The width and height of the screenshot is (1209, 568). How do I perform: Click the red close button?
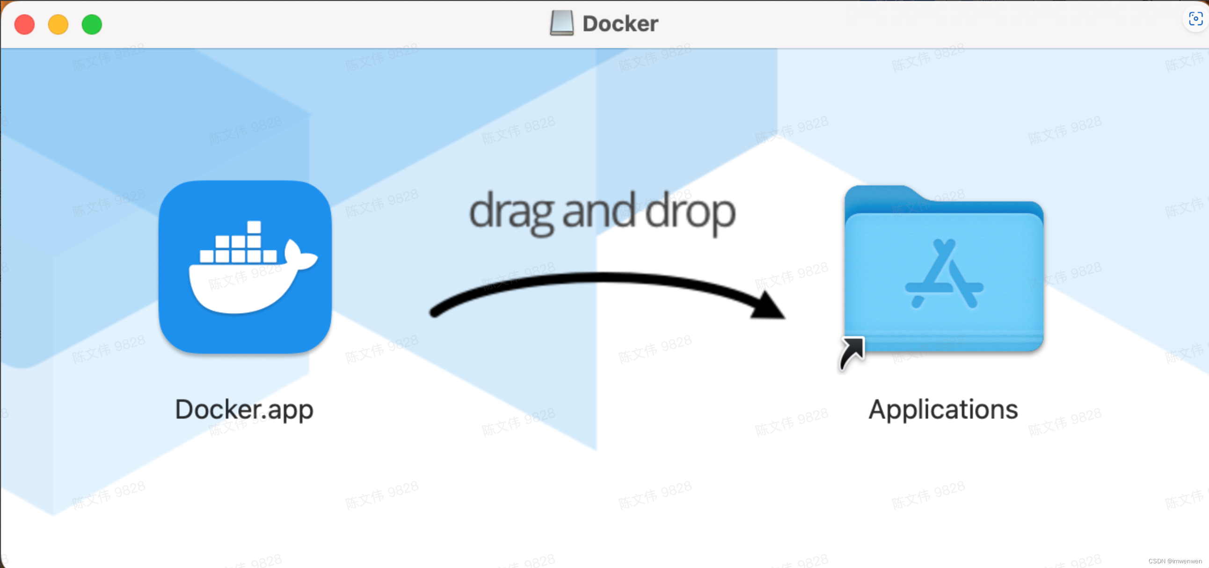click(24, 24)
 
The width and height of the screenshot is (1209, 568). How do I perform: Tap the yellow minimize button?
click(58, 24)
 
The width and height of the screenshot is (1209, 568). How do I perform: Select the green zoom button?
click(92, 24)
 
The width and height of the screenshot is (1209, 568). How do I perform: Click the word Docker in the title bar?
click(620, 24)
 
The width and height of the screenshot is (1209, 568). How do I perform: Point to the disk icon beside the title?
click(562, 23)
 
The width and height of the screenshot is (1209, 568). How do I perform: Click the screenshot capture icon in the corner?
click(1195, 19)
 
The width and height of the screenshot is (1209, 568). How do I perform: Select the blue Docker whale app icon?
click(245, 267)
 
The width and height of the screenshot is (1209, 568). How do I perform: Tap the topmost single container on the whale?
click(254, 227)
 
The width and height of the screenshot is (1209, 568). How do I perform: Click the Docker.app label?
click(244, 409)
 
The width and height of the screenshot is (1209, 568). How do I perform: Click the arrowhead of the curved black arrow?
click(767, 306)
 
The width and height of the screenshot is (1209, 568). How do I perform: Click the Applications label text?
click(943, 409)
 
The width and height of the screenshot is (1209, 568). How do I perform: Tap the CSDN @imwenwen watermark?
click(1175, 561)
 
